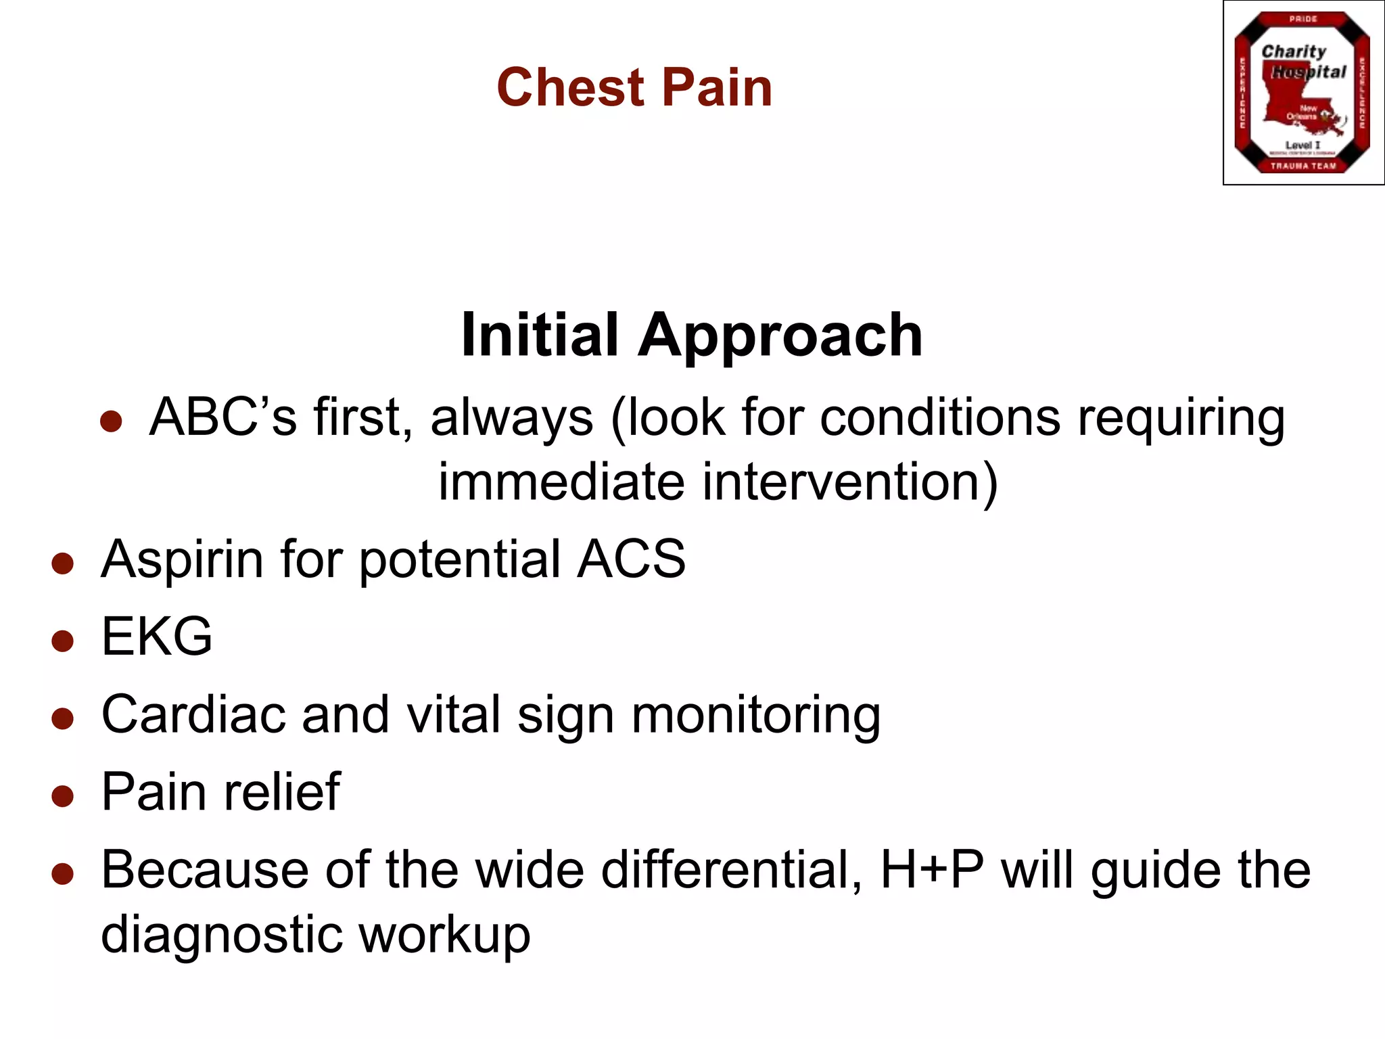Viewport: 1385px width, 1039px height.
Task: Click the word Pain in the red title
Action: (x=717, y=88)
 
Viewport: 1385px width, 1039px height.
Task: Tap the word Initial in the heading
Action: (x=539, y=335)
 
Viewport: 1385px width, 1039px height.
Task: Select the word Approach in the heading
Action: (x=780, y=336)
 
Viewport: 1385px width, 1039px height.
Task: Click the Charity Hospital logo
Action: (x=1302, y=93)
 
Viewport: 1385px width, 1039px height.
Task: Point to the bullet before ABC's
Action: (x=111, y=421)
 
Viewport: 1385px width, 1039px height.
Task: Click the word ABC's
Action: (x=223, y=417)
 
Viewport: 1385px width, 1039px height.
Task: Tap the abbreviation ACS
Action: (x=631, y=559)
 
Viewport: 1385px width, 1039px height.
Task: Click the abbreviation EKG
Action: (x=157, y=637)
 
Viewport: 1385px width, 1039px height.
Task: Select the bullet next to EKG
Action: (x=62, y=641)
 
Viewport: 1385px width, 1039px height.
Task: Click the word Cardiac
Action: (x=193, y=714)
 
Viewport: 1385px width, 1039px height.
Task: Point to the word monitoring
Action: (x=755, y=716)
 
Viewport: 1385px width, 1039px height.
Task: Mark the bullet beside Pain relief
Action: (x=62, y=796)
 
